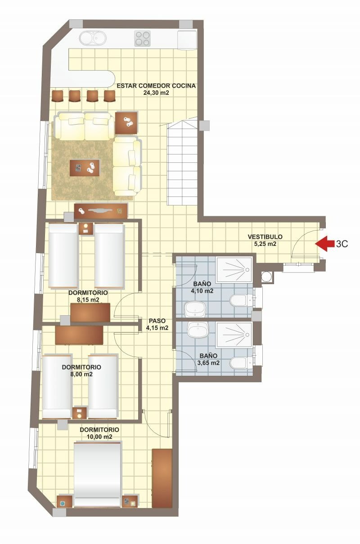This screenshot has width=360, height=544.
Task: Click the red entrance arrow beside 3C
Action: tap(324, 244)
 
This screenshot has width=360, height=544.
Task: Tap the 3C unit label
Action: tap(342, 244)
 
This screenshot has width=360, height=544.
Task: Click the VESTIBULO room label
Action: tap(265, 236)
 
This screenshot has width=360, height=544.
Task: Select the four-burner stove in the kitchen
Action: tap(142, 38)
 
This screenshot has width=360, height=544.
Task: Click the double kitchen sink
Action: tap(93, 38)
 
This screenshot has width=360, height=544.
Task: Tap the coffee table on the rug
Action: tap(85, 168)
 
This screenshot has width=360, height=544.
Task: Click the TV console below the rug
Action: tap(101, 211)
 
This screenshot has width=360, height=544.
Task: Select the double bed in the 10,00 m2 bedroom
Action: tap(97, 485)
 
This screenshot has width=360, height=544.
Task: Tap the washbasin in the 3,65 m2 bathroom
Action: tap(198, 330)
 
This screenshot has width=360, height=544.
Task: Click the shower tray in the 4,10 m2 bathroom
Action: tap(234, 270)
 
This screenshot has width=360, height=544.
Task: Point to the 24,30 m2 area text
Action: tap(156, 93)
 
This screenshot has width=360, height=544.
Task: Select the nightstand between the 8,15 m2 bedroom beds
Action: tap(86, 228)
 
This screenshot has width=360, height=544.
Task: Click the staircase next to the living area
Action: tap(183, 161)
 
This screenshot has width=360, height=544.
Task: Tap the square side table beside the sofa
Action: tap(126, 123)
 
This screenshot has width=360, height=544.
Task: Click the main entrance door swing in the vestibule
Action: tap(306, 242)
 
